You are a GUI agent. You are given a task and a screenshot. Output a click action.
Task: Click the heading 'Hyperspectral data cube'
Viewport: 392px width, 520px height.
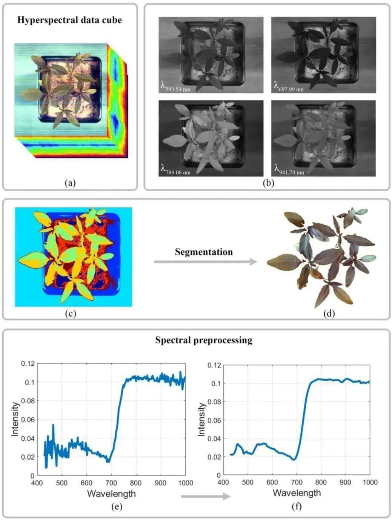click(x=70, y=20)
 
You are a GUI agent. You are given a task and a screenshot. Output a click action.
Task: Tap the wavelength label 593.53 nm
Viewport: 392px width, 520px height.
click(x=176, y=88)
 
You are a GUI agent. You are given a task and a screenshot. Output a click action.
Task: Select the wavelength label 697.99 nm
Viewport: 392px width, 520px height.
click(x=289, y=88)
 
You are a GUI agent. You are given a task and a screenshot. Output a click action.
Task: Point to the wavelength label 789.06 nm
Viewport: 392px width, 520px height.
click(x=176, y=171)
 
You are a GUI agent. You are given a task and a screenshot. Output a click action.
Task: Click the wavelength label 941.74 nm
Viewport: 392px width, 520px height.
click(x=289, y=171)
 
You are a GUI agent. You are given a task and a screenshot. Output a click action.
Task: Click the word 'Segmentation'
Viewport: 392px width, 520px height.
click(x=204, y=252)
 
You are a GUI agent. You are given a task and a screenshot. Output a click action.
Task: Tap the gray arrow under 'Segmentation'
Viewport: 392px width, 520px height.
click(x=205, y=262)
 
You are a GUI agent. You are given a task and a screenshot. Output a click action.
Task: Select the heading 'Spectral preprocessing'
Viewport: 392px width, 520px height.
click(x=204, y=340)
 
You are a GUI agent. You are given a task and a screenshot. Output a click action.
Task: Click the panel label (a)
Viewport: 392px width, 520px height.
click(x=70, y=183)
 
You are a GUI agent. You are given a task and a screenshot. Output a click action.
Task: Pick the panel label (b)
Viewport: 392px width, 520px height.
click(x=268, y=183)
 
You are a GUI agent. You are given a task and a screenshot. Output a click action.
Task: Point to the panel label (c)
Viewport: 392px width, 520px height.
click(x=70, y=313)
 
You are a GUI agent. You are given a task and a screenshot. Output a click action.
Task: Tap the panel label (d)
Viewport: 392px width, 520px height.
click(x=329, y=313)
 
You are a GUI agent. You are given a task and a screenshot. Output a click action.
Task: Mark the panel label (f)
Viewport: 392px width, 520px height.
click(x=297, y=506)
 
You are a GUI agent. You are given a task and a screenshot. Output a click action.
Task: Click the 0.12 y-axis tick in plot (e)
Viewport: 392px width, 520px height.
click(x=28, y=363)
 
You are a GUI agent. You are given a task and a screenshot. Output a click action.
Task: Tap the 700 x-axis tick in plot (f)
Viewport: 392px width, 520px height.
click(x=297, y=482)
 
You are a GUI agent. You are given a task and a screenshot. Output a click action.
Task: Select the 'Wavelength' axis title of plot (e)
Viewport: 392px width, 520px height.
click(x=111, y=493)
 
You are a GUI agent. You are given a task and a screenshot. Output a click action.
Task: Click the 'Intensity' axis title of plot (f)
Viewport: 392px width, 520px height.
click(x=202, y=419)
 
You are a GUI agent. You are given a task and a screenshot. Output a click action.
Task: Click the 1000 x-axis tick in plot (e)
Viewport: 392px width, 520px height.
click(x=185, y=483)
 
